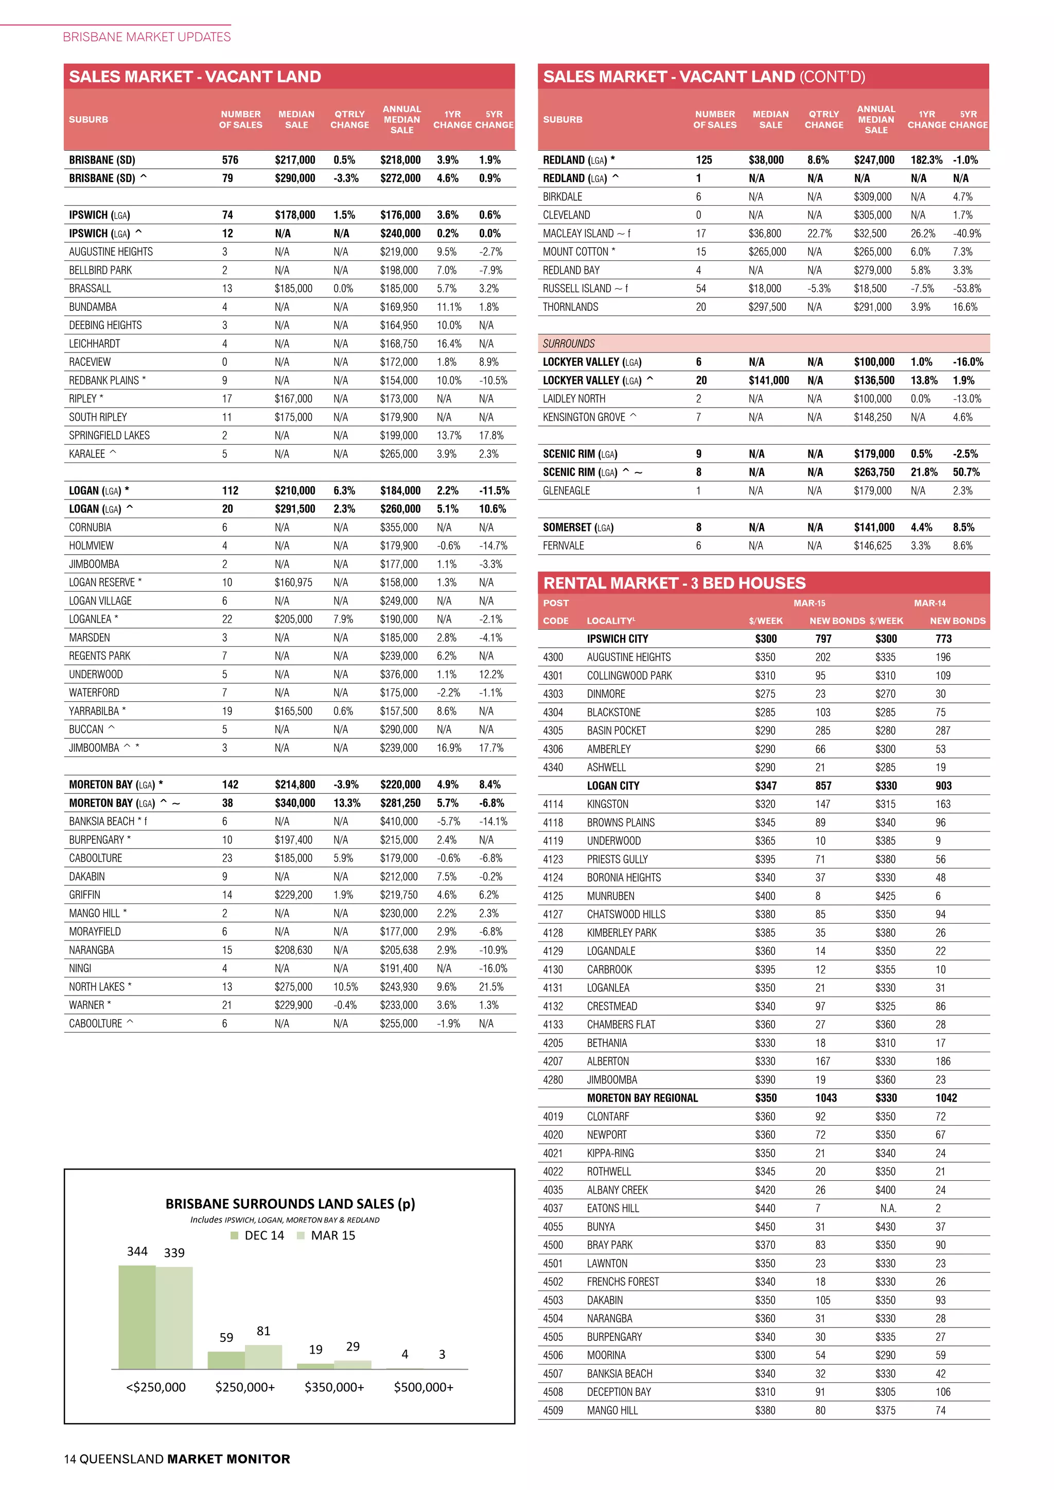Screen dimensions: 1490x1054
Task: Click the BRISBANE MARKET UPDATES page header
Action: [147, 37]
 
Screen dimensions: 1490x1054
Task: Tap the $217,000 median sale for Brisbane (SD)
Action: [295, 159]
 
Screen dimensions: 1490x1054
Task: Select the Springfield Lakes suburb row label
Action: [109, 435]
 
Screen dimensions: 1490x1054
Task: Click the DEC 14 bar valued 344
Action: [137, 1317]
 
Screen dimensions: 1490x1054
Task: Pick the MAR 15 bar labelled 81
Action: [263, 1356]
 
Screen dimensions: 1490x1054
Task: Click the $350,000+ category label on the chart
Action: [334, 1388]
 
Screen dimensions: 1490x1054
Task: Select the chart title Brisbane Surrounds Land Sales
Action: [290, 1204]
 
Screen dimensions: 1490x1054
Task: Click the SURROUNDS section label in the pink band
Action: [569, 343]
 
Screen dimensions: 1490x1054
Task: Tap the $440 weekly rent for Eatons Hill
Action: [765, 1209]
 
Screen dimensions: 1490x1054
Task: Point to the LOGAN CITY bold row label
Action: [612, 786]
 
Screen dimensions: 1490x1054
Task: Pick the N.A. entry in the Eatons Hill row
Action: [888, 1209]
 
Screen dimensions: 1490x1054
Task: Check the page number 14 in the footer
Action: [70, 1459]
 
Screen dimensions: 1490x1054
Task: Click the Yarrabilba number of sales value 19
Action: [227, 711]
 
